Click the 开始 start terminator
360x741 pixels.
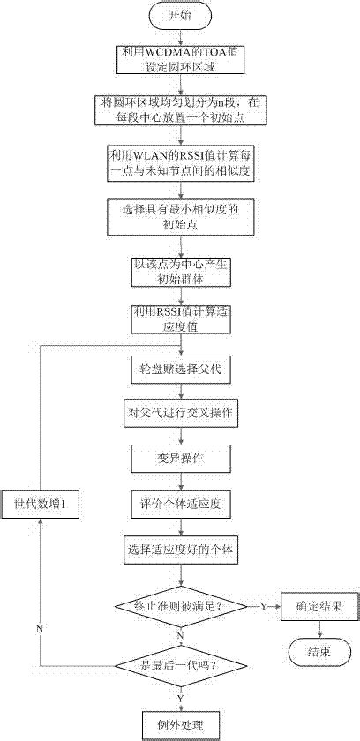179,15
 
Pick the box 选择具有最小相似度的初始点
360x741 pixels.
179,217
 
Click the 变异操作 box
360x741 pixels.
179,460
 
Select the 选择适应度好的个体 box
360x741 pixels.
179,550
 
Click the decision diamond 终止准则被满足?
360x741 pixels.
179,606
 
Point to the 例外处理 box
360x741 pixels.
179,724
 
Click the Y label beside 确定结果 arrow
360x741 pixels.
262,606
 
